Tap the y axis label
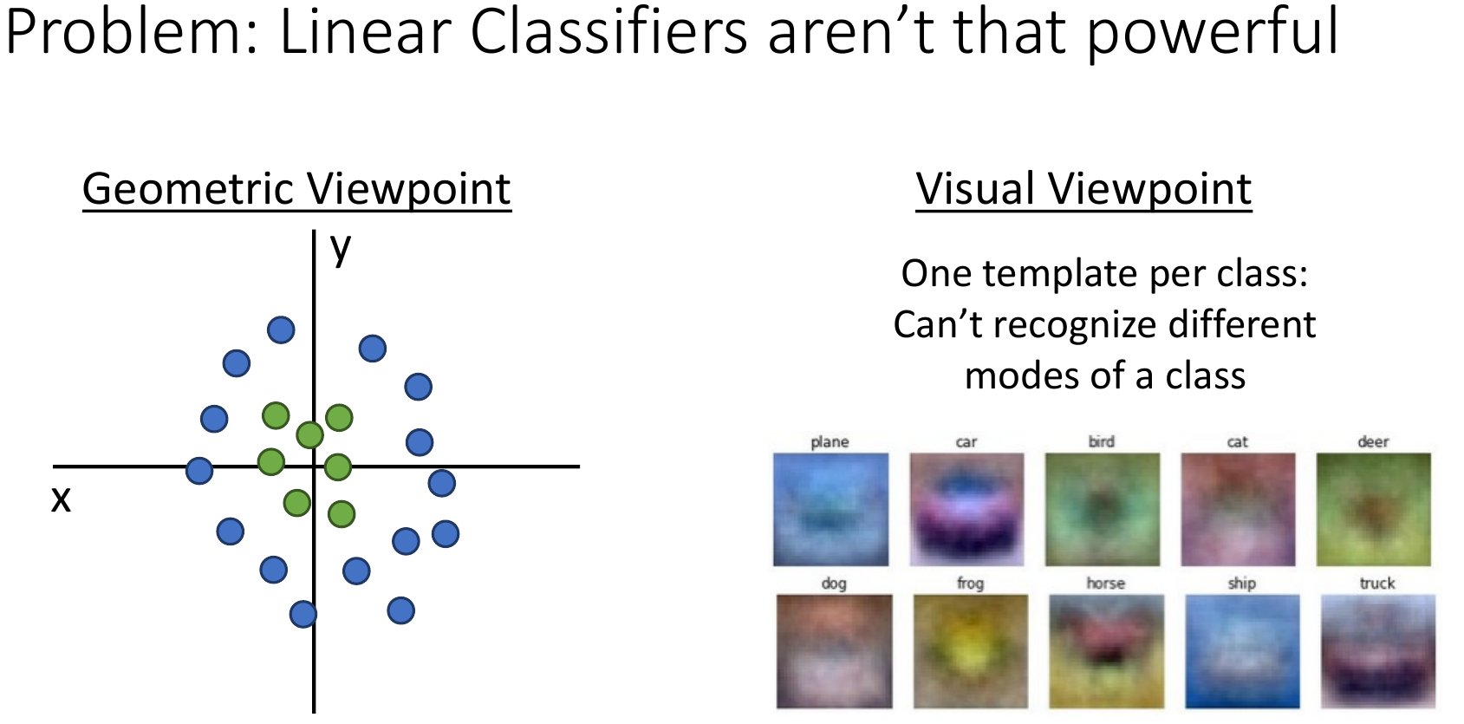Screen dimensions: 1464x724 tap(341, 249)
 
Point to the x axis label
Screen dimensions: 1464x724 tap(61, 499)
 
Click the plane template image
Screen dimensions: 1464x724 tap(830, 510)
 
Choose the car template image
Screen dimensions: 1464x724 tap(966, 510)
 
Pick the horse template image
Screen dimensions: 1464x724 tap(1107, 651)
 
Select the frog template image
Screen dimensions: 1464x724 tap(971, 651)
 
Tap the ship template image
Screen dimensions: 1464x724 tap(1242, 651)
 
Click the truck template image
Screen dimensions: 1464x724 tap(1378, 651)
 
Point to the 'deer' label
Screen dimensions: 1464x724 tap(1373, 441)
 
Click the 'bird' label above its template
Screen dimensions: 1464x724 tap(1102, 441)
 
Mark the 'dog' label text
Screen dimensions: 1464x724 tap(834, 584)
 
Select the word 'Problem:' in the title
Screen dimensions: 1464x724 tap(132, 33)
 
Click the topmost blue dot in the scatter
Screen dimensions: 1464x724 tap(281, 330)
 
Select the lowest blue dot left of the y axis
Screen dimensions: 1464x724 tap(303, 614)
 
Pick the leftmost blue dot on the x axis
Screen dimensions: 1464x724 tap(199, 470)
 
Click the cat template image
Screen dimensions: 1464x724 tap(1238, 510)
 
